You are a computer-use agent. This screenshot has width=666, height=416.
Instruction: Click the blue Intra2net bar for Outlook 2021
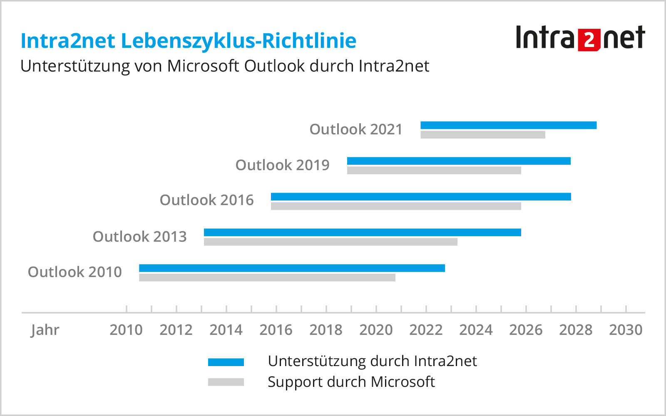[508, 125]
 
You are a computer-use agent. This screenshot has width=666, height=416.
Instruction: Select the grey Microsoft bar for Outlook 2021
[483, 135]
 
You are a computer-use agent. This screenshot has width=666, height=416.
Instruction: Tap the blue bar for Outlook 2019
[459, 161]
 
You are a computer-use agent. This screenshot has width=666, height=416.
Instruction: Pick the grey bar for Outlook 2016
[396, 206]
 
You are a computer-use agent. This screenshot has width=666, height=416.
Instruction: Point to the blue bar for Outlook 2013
[362, 233]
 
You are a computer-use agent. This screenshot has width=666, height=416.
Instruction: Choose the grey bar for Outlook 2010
[267, 277]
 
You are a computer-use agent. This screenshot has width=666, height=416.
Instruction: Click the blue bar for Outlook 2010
[292, 268]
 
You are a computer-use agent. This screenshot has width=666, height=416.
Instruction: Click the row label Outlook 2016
[207, 200]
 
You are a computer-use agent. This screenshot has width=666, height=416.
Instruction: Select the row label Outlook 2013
[140, 236]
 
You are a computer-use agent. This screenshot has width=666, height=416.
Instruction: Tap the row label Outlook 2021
[356, 129]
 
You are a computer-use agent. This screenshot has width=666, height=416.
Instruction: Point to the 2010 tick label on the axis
[126, 330]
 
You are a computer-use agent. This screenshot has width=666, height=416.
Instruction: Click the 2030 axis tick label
[626, 330]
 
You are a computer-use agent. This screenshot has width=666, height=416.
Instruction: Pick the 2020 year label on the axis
[376, 330]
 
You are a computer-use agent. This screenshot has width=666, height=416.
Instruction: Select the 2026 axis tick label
[526, 330]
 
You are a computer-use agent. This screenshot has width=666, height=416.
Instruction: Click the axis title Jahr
[45, 330]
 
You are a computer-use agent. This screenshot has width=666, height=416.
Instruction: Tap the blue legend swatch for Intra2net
[226, 362]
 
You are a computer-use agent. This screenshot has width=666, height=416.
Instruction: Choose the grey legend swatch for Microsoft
[226, 382]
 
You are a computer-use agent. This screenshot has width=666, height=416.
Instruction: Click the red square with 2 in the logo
[589, 40]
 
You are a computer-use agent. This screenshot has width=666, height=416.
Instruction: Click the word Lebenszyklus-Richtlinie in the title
[239, 41]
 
